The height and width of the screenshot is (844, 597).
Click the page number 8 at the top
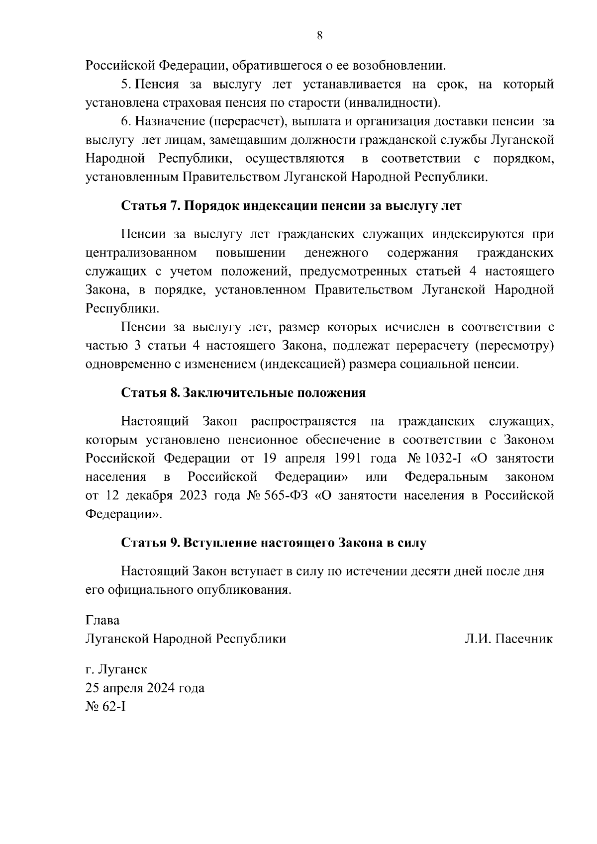point(319,35)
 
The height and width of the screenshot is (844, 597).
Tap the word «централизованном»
point(141,253)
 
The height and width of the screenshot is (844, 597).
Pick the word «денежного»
point(336,253)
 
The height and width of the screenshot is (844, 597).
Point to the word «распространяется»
point(303,422)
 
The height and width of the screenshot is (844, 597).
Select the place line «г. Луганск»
point(116,669)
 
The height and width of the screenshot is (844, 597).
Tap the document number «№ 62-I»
point(105,707)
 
